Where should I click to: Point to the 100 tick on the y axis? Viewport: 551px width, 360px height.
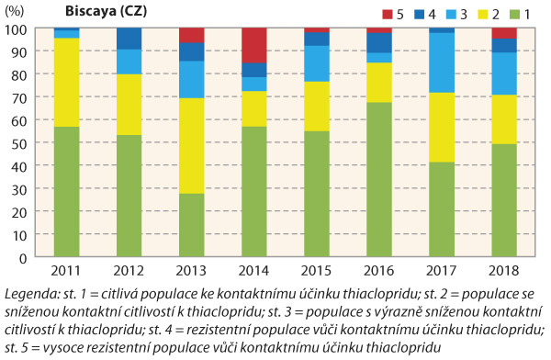pos(15,29)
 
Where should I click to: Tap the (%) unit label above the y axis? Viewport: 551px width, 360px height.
pos(16,11)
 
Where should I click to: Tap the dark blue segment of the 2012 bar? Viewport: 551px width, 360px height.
pos(128,39)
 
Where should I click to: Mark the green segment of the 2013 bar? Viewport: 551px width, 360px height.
pos(192,226)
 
